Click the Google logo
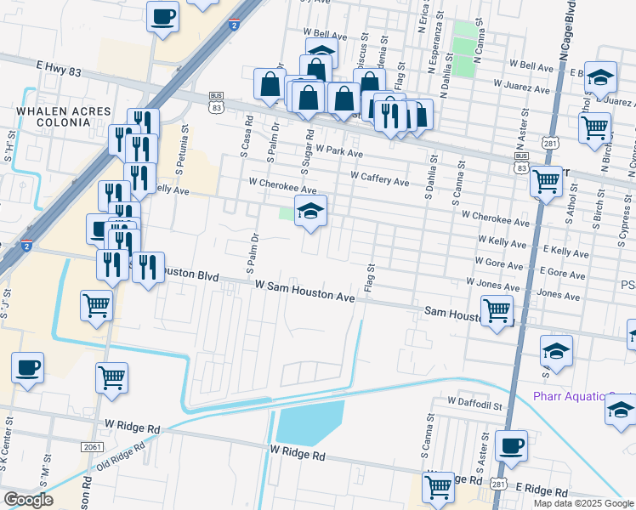click(x=28, y=500)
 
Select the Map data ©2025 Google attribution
click(x=582, y=503)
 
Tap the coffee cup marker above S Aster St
click(x=511, y=445)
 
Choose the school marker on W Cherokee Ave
click(x=310, y=212)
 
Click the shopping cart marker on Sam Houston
click(x=497, y=310)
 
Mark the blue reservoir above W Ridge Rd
click(x=309, y=422)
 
